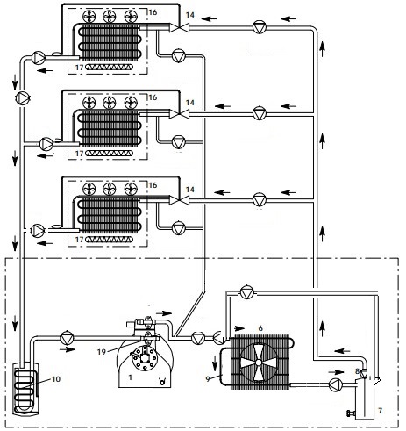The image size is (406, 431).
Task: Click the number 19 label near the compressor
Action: pyautogui.click(x=102, y=351)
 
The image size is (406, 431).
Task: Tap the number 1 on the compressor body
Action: pyautogui.click(x=131, y=377)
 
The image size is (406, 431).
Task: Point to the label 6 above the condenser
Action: pyautogui.click(x=260, y=328)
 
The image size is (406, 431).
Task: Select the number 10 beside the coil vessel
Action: pyautogui.click(x=56, y=379)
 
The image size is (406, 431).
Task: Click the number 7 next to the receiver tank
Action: pyautogui.click(x=380, y=411)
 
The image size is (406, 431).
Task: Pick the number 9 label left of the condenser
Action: pyautogui.click(x=208, y=378)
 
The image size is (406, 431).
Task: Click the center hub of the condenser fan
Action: pyautogui.click(x=259, y=363)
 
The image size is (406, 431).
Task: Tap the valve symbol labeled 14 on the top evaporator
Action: pyautogui.click(x=180, y=28)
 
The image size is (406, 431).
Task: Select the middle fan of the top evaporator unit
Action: pyautogui.click(x=110, y=17)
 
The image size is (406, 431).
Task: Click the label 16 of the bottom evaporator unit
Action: pyautogui.click(x=153, y=185)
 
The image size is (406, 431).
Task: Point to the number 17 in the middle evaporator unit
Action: pyautogui.click(x=80, y=154)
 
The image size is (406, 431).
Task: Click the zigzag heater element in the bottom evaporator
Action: pyautogui.click(x=110, y=240)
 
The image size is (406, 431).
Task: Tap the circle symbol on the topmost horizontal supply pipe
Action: pyautogui.click(x=260, y=27)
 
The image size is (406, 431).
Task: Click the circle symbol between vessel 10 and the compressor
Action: pyautogui.click(x=67, y=338)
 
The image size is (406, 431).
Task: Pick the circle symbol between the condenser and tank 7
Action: pyautogui.click(x=336, y=384)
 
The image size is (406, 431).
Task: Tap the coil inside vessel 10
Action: pyautogui.click(x=26, y=391)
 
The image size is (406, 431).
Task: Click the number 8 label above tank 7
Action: pyautogui.click(x=357, y=371)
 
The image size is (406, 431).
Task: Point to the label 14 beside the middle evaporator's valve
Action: pyautogui.click(x=190, y=103)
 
